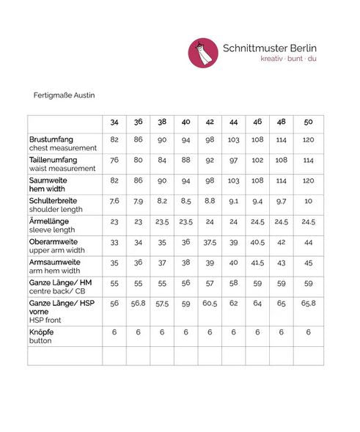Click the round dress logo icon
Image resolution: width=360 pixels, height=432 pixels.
[x=203, y=53]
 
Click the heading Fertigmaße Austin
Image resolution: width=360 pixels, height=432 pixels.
[x=65, y=95]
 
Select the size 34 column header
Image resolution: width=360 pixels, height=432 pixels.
[x=114, y=121]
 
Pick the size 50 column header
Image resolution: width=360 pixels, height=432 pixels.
[x=308, y=121]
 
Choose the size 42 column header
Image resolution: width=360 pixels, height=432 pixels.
[x=210, y=121]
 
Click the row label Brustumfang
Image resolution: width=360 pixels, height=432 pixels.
[x=51, y=139]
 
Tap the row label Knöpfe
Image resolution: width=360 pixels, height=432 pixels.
[x=43, y=332]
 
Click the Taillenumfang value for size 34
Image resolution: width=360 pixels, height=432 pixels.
[x=114, y=160]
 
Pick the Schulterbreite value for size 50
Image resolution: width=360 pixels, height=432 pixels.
[x=308, y=201]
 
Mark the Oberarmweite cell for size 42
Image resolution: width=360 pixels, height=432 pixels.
[x=210, y=242]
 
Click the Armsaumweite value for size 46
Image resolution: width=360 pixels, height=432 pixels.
[x=257, y=262]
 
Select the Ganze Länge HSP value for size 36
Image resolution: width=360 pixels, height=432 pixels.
[x=138, y=303]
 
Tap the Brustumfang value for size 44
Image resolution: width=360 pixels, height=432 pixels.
[x=233, y=139]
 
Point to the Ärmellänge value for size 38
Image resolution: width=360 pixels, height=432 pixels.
[x=162, y=222]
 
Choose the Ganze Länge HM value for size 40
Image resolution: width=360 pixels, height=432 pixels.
[x=185, y=282]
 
